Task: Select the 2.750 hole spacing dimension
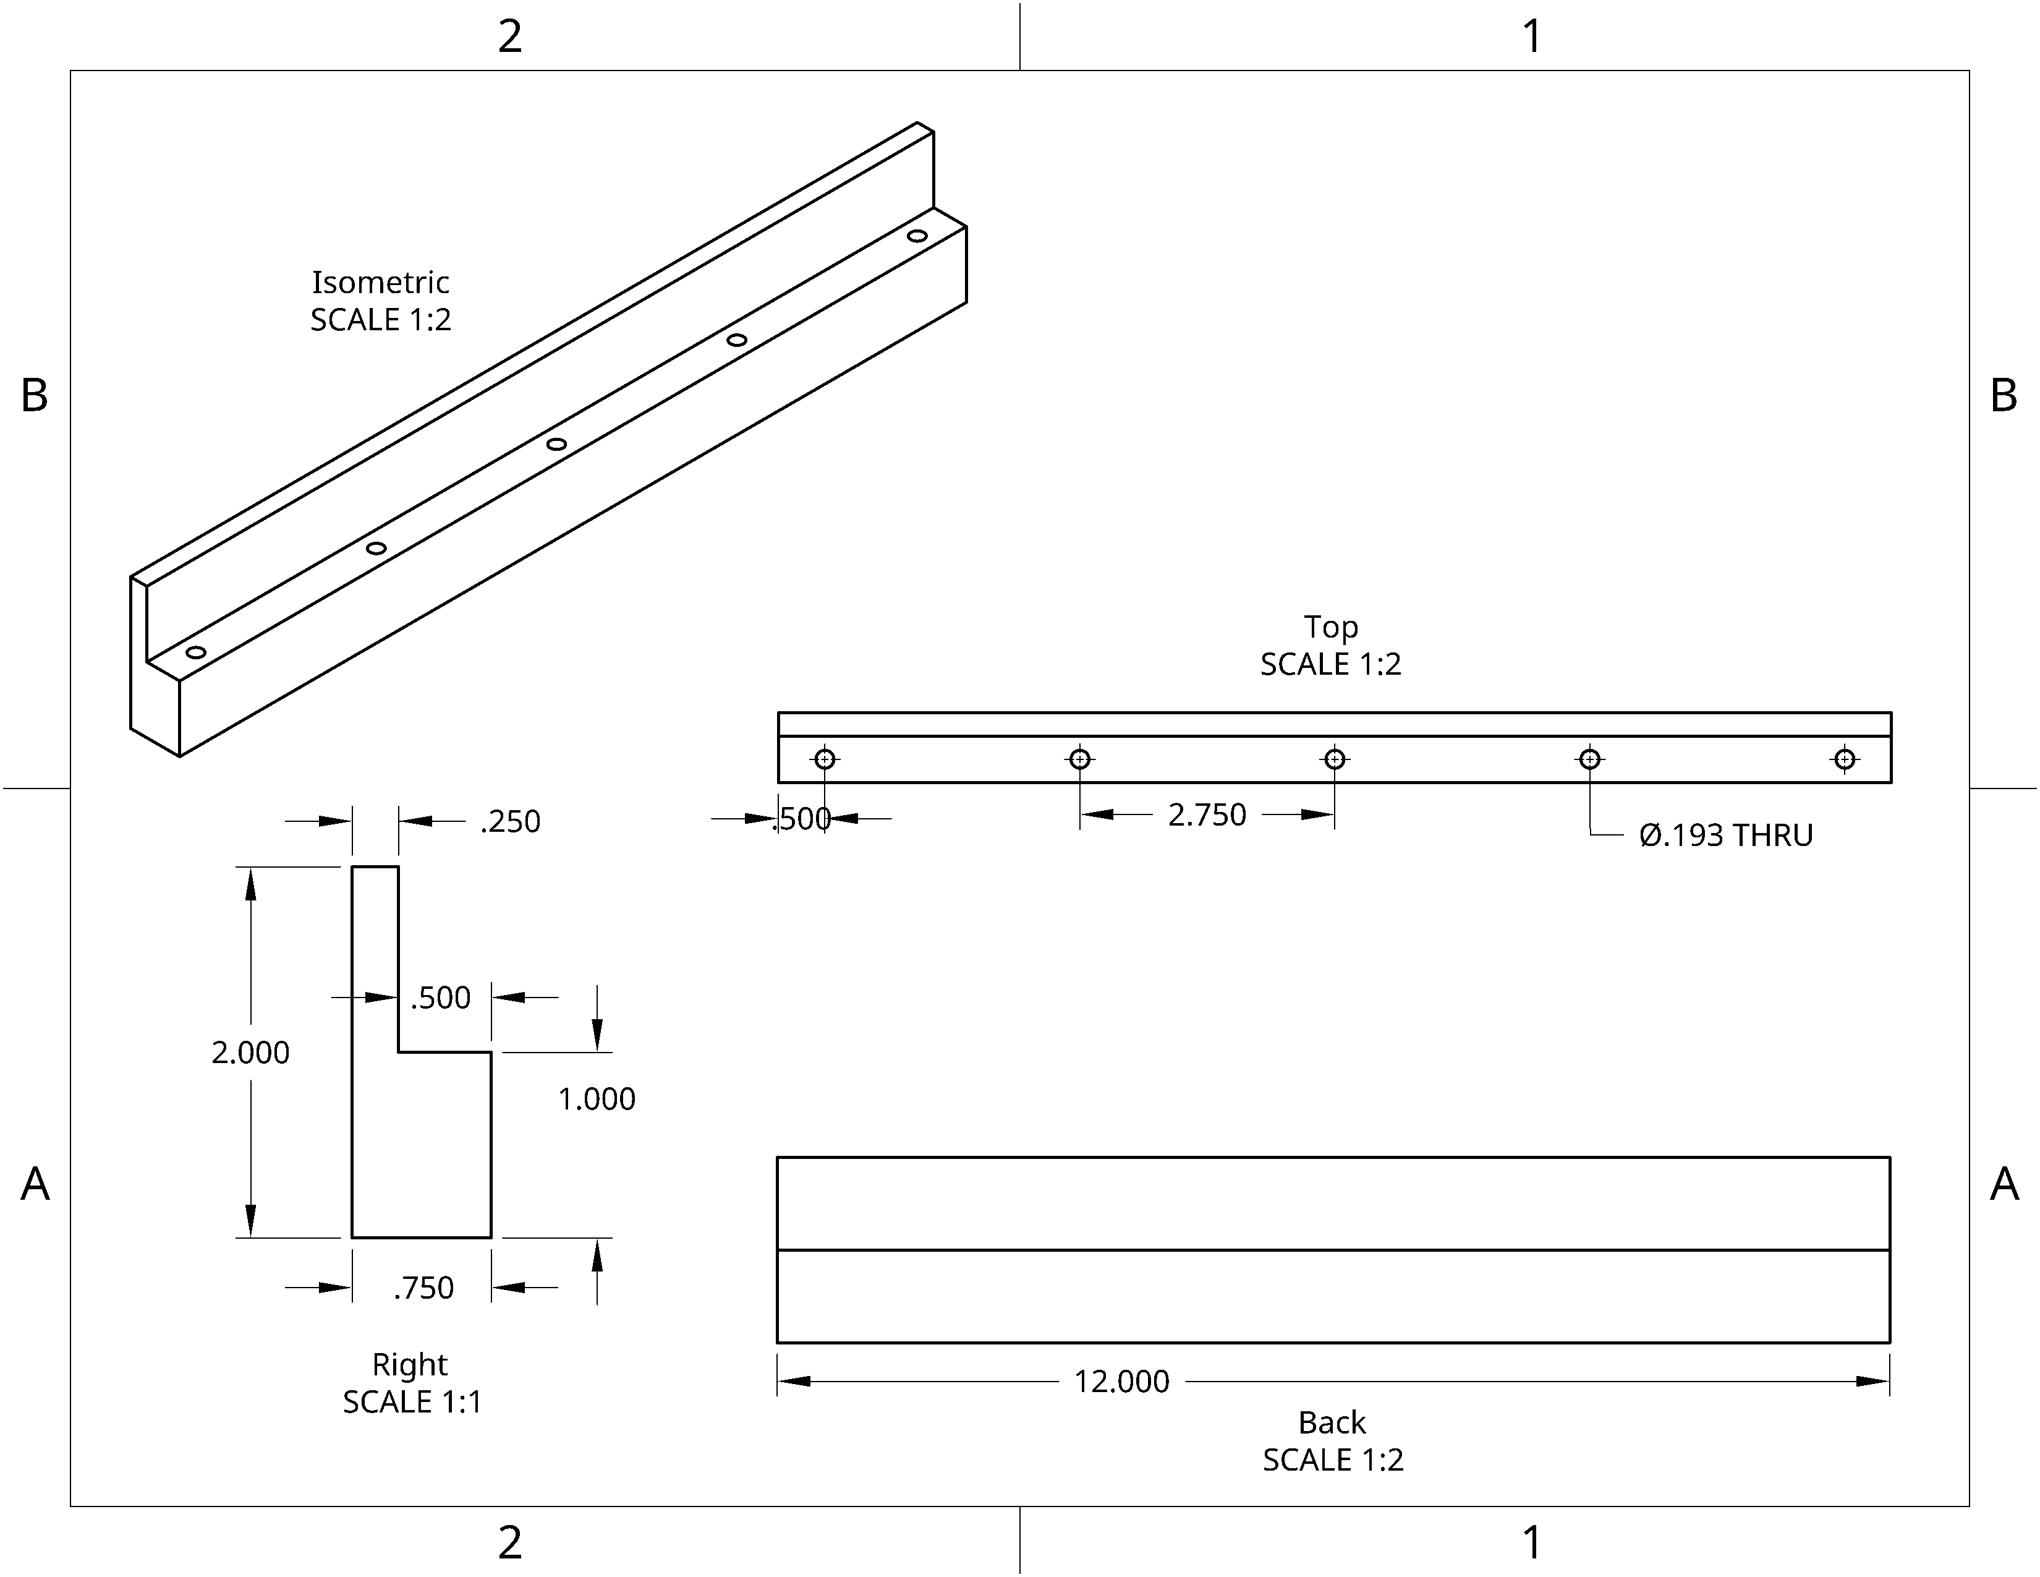(x=1207, y=814)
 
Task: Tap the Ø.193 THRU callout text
(x=1725, y=836)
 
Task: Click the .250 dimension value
(x=510, y=821)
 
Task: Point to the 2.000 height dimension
(x=250, y=1053)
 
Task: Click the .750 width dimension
(x=423, y=1288)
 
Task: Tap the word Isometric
(x=380, y=282)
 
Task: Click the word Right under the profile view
(x=409, y=1365)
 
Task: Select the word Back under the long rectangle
(x=1332, y=1423)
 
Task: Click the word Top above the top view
(x=1331, y=627)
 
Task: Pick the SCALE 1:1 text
(x=412, y=1403)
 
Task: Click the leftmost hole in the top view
(x=825, y=759)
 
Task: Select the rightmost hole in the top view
(x=1845, y=759)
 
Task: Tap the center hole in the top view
(x=1335, y=759)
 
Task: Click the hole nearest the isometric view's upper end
(x=917, y=236)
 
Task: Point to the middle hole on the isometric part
(x=557, y=444)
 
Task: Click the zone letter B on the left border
(x=35, y=396)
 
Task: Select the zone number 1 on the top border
(x=1532, y=36)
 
